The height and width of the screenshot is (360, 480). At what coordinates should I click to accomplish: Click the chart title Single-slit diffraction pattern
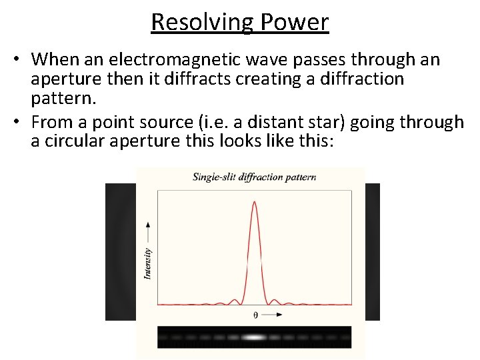pos(254,177)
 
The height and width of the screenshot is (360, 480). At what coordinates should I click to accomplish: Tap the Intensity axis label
pos(147,263)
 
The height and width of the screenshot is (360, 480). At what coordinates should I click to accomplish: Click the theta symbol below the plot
pos(255,315)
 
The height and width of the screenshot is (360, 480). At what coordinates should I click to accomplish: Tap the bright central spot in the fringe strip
pos(253,338)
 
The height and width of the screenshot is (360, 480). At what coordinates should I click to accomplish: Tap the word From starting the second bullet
pos(49,122)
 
